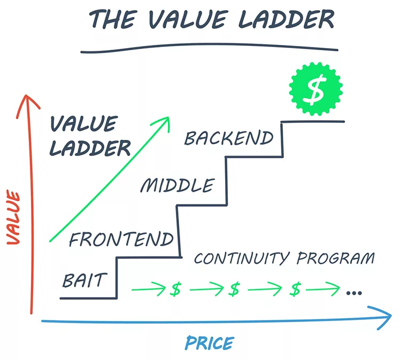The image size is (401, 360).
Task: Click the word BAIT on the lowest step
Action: [x=85, y=280]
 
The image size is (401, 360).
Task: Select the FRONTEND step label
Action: [x=121, y=239]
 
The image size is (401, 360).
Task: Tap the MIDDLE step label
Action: [x=176, y=186]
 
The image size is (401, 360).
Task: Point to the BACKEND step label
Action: [x=229, y=138]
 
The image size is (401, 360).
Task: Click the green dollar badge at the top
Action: [x=316, y=90]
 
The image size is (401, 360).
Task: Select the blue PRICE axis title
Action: [x=209, y=343]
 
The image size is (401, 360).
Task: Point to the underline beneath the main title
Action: [x=209, y=50]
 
